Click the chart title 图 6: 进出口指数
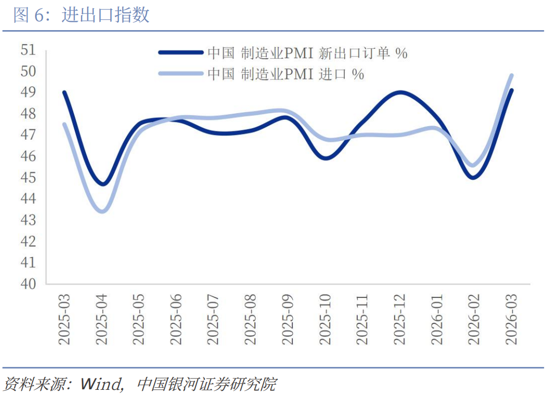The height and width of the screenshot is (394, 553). (82, 15)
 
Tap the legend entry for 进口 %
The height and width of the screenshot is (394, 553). (286, 74)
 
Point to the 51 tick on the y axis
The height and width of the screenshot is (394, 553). (28, 50)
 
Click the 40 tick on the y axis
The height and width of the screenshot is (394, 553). (28, 283)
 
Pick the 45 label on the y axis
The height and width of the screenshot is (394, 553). (28, 178)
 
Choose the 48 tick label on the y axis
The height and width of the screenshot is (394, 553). (28, 114)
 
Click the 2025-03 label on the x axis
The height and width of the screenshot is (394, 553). (65, 319)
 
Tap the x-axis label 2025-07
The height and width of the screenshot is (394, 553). (213, 319)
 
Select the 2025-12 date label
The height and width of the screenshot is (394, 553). (399, 319)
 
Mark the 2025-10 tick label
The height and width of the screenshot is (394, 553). (326, 319)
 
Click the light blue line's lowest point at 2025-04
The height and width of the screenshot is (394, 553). (102, 211)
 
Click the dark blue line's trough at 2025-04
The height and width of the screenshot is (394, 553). (103, 184)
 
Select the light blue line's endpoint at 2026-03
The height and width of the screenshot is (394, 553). (511, 75)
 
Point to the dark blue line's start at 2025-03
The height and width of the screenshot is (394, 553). (65, 92)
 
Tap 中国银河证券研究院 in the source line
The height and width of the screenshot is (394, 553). (206, 384)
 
